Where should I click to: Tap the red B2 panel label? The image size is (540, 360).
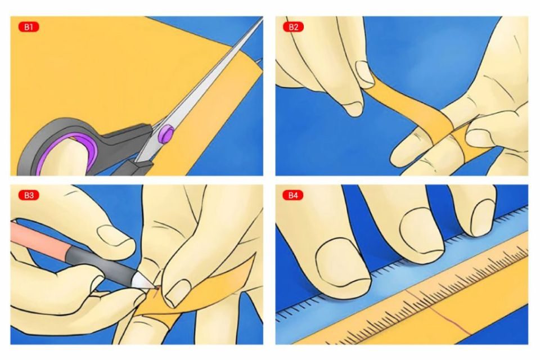[x=293, y=26]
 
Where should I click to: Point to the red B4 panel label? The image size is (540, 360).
[x=293, y=195]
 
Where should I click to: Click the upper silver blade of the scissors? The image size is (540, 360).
[x=225, y=62]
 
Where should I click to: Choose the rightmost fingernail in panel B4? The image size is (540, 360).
[x=483, y=217]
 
